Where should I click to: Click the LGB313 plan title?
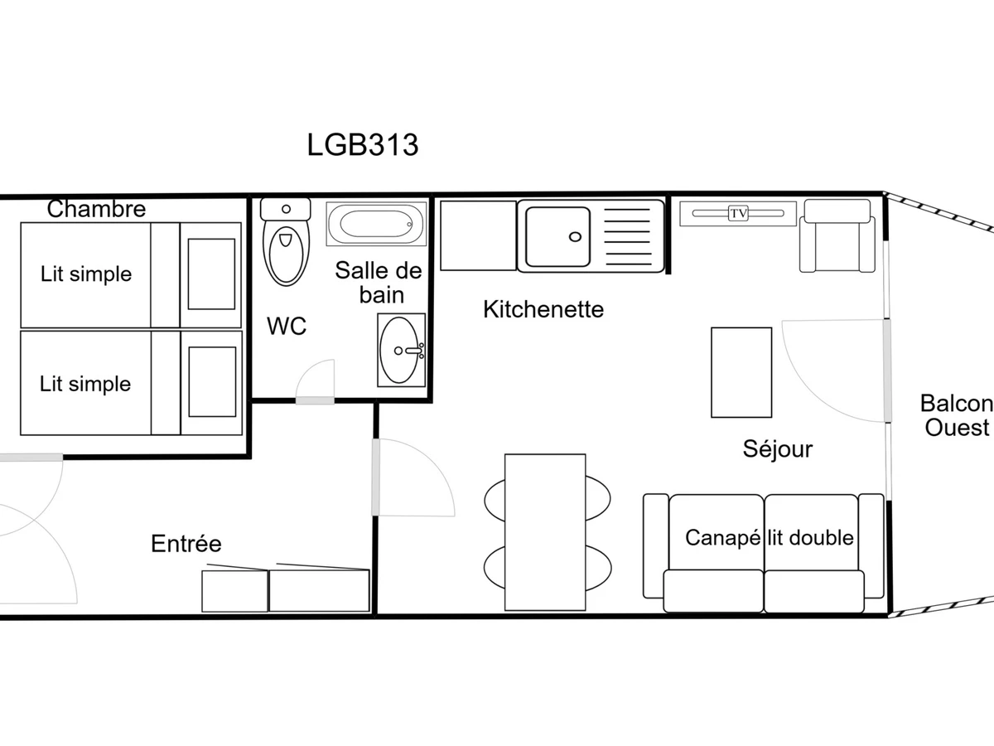(363, 145)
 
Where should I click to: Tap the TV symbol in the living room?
(738, 213)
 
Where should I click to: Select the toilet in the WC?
(286, 242)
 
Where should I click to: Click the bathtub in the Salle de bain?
(376, 224)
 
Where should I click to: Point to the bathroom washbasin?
(401, 350)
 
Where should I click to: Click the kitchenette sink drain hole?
(575, 237)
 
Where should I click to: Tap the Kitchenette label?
(543, 309)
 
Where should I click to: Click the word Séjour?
(778, 449)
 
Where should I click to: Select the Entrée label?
(186, 543)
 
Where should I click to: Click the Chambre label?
(96, 209)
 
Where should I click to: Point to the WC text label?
(287, 326)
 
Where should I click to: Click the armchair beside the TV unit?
(837, 235)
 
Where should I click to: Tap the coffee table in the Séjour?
(741, 372)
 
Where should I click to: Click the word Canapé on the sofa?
(723, 539)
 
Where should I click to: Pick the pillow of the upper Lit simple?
(211, 274)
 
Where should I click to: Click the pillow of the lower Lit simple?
(212, 382)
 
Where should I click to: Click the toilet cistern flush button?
(286, 209)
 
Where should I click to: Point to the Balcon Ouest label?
(957, 415)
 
